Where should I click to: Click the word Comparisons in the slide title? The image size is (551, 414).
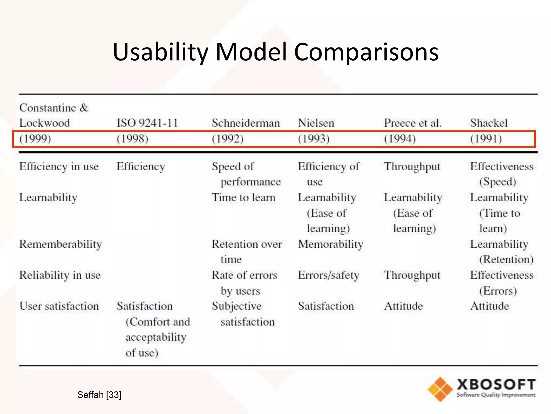(366, 52)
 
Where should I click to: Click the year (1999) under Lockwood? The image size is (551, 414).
(35, 139)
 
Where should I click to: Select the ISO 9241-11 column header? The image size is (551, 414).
(147, 123)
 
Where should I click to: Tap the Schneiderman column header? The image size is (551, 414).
(246, 123)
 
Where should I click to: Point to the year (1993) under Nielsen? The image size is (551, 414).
(314, 139)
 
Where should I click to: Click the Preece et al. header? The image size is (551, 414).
(413, 123)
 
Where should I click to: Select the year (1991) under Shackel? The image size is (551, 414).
(486, 139)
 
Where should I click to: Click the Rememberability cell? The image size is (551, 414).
(61, 244)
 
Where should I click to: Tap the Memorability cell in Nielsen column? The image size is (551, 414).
(330, 244)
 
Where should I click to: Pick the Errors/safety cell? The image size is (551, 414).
(329, 275)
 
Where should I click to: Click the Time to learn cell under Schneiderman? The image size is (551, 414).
(243, 198)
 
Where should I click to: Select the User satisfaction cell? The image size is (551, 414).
(59, 306)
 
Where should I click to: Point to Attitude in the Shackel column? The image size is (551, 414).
(490, 306)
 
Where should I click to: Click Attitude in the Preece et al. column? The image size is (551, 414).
(403, 306)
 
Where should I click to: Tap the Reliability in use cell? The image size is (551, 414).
(60, 275)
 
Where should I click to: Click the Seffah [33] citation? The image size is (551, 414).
(99, 395)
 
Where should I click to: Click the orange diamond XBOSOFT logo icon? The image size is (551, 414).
(440, 389)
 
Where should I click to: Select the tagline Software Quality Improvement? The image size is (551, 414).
(496, 395)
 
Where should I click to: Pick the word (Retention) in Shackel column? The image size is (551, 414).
(506, 260)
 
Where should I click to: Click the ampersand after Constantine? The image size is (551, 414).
(84, 108)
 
